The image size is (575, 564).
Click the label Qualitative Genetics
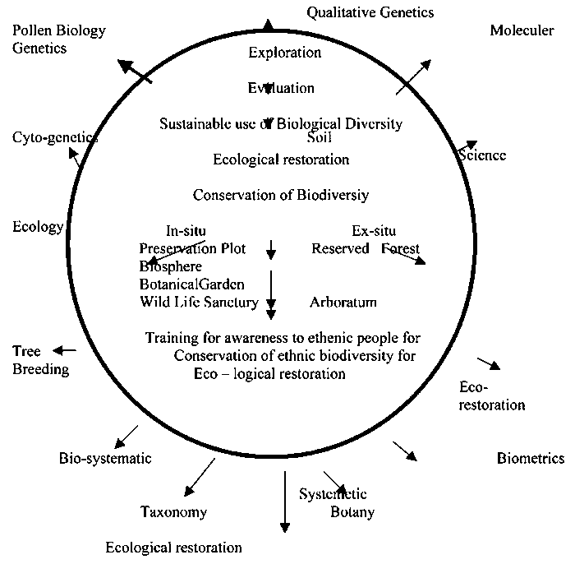pos(370,12)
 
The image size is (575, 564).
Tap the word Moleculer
pos(522,31)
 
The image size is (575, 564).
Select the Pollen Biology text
pos(58,31)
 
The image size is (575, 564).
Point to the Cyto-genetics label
pos(54,137)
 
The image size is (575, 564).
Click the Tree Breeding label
pos(39,360)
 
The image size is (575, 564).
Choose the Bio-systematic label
pos(105,458)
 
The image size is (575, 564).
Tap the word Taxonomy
pos(173,512)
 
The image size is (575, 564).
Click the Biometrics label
pos(531,458)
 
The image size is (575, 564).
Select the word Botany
pos(352,512)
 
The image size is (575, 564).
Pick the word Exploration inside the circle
pos(284,53)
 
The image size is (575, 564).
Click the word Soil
pos(320,136)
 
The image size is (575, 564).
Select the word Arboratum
pos(343,303)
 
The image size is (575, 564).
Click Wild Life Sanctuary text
pos(199,303)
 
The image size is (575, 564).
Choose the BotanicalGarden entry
pos(191,284)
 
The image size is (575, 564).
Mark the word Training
pos(173,338)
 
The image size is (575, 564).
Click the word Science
pos(481,155)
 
